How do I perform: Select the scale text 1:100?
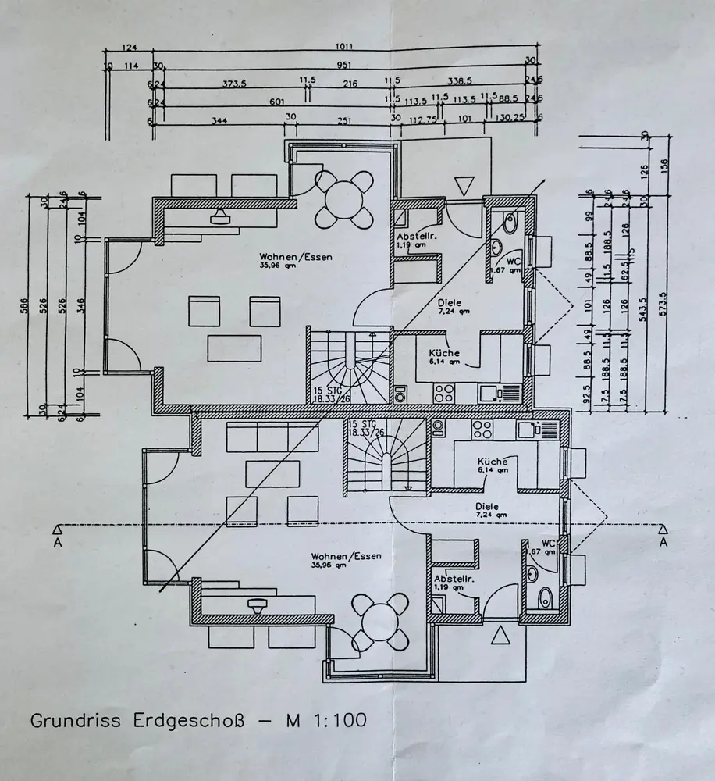pyautogui.click(x=335, y=719)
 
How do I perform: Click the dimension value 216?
pyautogui.click(x=349, y=84)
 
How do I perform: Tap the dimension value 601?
pyautogui.click(x=276, y=101)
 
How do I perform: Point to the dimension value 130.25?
pyautogui.click(x=510, y=119)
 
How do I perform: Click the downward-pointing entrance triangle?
pyautogui.click(x=464, y=186)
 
